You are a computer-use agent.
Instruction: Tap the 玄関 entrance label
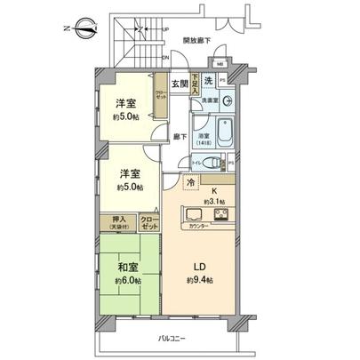click(180, 84)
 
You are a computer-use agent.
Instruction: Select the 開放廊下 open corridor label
click(198, 41)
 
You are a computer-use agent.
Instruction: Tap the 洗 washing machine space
click(207, 82)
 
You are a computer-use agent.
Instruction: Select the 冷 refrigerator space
click(190, 182)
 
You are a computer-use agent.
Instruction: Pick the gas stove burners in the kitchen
click(219, 215)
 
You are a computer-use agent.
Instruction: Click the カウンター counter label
click(203, 226)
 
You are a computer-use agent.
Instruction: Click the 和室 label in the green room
click(124, 267)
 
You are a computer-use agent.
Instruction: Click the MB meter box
click(220, 65)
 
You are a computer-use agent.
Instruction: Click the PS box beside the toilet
click(230, 163)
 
